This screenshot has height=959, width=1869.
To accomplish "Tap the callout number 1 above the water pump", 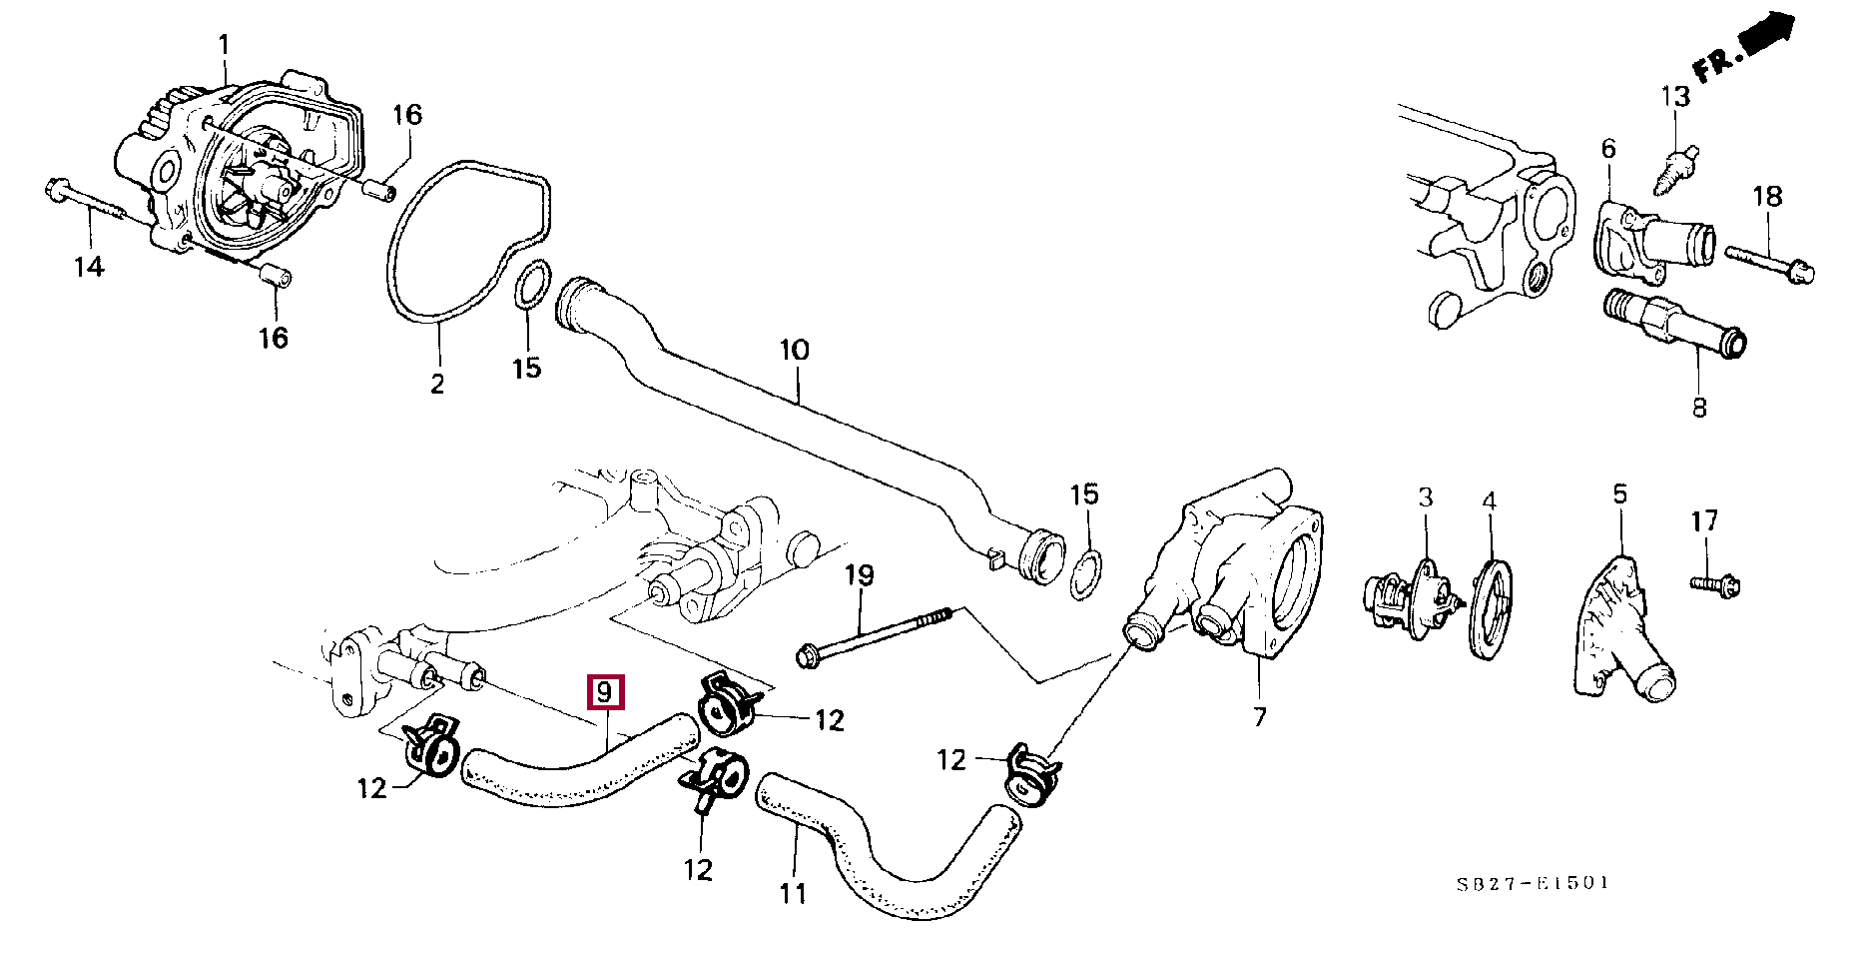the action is pyautogui.click(x=224, y=45).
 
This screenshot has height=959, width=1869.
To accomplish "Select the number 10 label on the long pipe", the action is pyautogui.click(x=795, y=351).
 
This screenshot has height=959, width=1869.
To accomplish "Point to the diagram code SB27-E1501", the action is pyautogui.click(x=1532, y=883).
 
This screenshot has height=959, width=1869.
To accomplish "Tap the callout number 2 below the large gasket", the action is pyautogui.click(x=437, y=383).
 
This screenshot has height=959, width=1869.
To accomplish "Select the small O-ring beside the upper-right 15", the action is pyautogui.click(x=1086, y=576).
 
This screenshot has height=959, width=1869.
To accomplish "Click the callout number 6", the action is pyautogui.click(x=1607, y=150).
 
